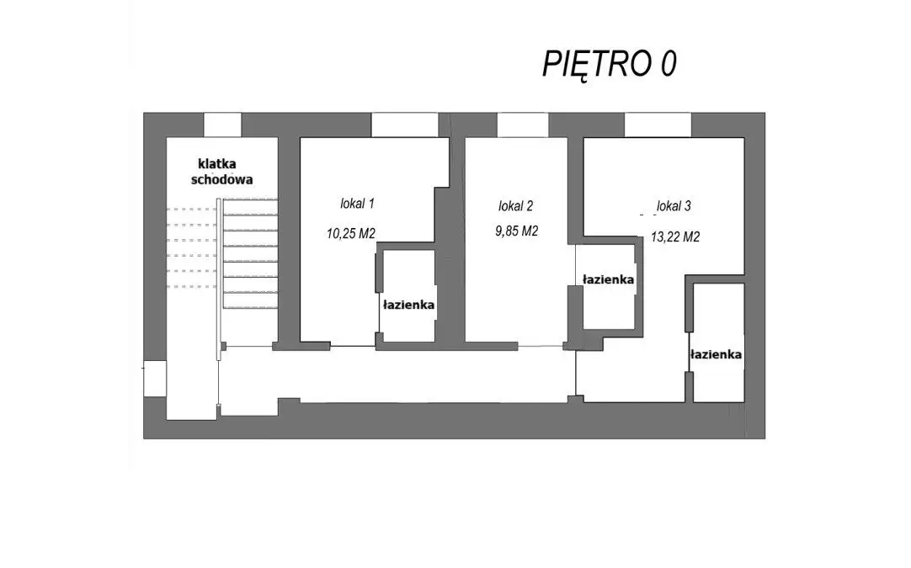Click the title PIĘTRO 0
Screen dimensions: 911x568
(x=610, y=64)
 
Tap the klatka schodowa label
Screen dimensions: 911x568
(x=222, y=172)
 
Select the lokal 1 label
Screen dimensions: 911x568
(x=357, y=204)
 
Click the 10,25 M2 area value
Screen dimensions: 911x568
(x=351, y=233)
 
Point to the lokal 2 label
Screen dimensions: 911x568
(x=515, y=205)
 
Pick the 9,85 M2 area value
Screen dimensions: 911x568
(x=516, y=231)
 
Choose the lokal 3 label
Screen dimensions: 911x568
(x=674, y=205)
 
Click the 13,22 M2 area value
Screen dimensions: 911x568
(x=675, y=237)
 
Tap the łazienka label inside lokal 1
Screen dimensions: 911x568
(x=408, y=305)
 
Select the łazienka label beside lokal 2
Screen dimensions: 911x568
(x=608, y=279)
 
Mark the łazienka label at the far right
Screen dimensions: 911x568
(x=716, y=353)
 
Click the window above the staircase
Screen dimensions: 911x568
(x=222, y=125)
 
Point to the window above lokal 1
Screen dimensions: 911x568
(x=404, y=125)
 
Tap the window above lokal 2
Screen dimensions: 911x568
(x=523, y=125)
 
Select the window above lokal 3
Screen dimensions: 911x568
(x=658, y=125)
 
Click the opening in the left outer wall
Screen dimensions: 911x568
(x=155, y=379)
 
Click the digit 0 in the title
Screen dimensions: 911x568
(x=669, y=64)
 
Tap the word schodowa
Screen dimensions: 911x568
(x=222, y=179)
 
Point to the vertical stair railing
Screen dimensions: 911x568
(x=219, y=279)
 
